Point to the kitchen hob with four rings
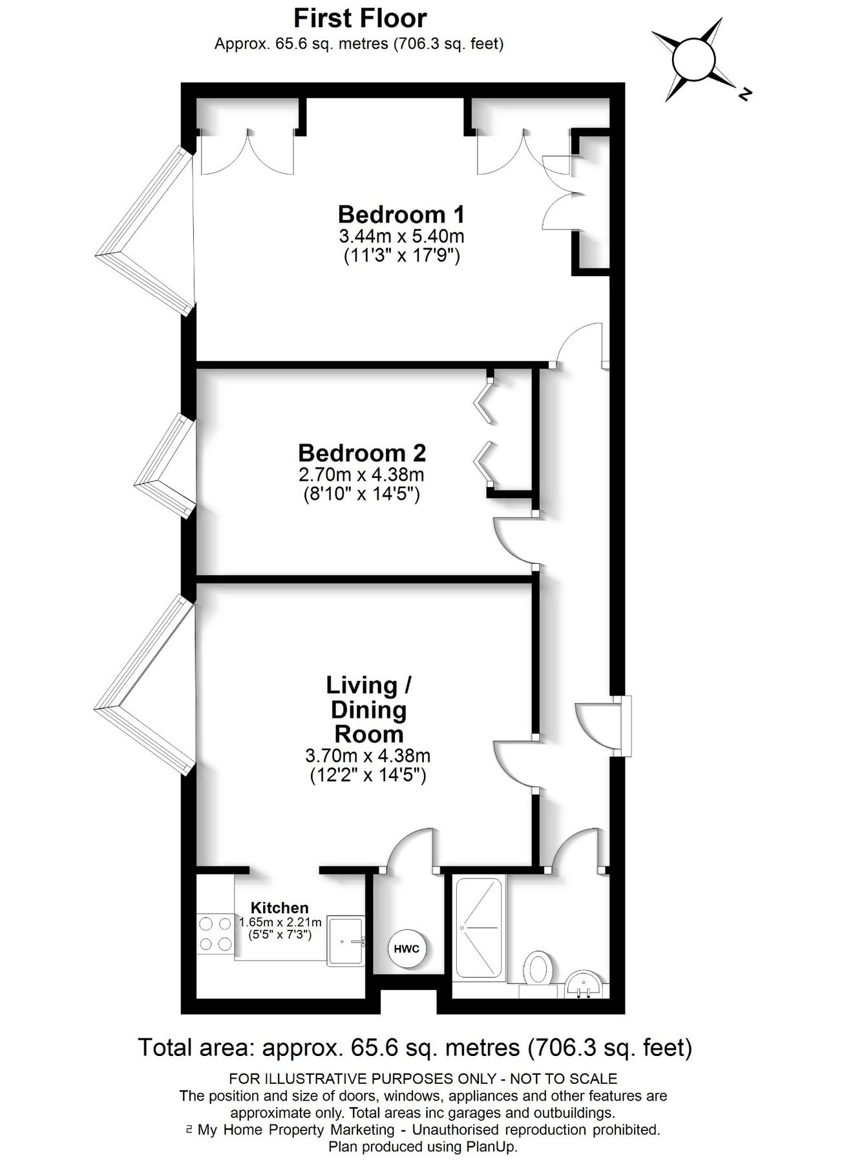click(216, 934)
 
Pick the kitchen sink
click(346, 941)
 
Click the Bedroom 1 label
click(401, 213)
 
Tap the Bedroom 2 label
click(362, 451)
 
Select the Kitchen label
click(279, 908)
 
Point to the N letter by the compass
click(745, 94)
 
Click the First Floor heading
click(360, 19)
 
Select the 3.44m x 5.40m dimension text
click(401, 235)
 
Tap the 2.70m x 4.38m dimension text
click(361, 475)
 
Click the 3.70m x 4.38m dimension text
click(368, 755)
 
